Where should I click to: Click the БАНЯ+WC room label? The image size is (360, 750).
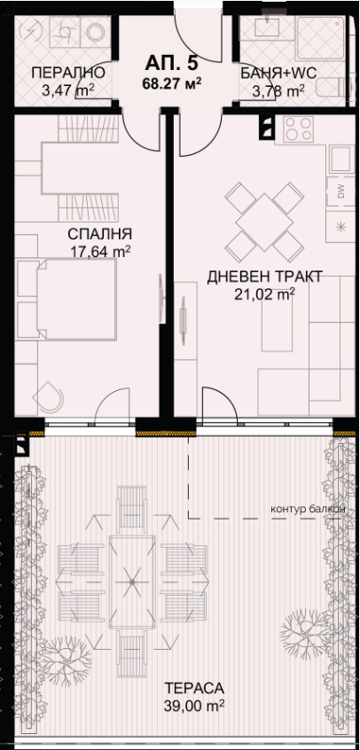pos(274,73)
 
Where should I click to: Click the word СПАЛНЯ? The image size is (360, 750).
pos(99,234)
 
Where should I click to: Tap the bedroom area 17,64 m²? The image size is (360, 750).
pos(100,251)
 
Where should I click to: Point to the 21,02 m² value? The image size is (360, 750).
pos(263,294)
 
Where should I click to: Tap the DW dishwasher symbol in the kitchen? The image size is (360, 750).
pos(340,189)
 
